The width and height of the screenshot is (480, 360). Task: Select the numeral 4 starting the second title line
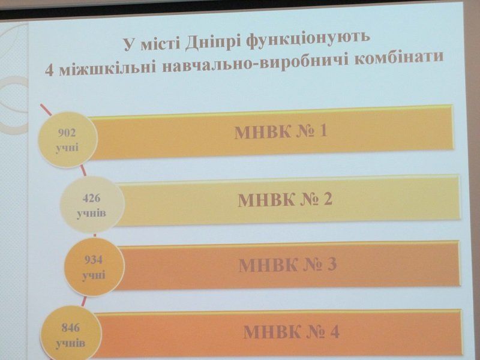click(x=50, y=70)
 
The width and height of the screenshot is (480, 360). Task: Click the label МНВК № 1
click(x=280, y=131)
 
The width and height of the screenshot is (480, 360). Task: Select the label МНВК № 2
click(x=284, y=199)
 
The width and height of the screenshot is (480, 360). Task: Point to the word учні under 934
click(x=94, y=275)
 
